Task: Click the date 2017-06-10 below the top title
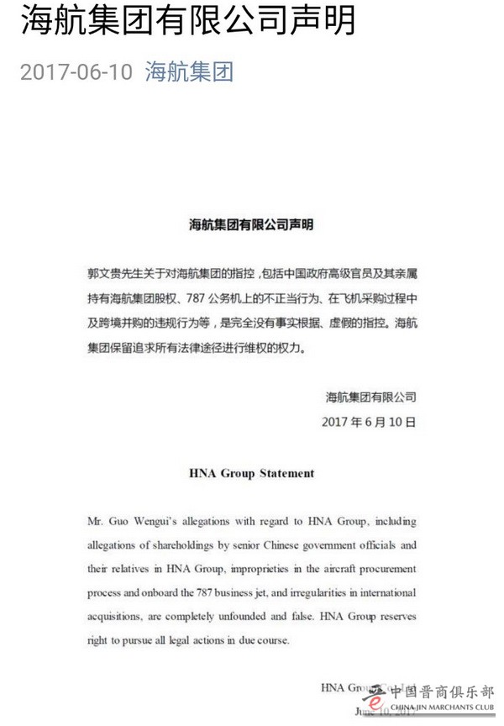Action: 76,72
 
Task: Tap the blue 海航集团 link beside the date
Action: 189,72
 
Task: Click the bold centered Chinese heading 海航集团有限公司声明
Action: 251,225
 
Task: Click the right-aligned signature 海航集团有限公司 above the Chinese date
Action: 370,395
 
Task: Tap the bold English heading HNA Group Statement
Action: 251,473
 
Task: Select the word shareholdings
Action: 203,544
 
